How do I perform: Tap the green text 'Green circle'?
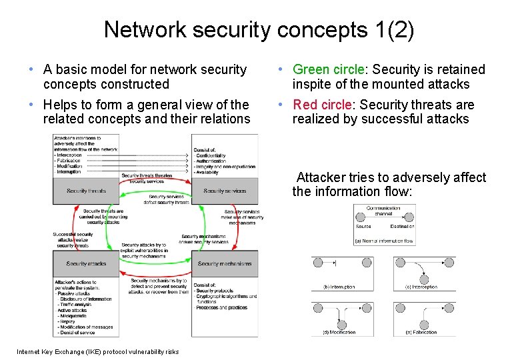coord(329,70)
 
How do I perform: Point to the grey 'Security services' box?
coord(225,191)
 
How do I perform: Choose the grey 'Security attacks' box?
coord(87,264)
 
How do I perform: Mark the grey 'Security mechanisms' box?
coord(225,264)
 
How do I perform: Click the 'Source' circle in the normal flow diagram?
coord(363,218)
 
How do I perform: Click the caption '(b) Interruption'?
coord(339,287)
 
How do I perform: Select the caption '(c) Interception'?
coord(421,287)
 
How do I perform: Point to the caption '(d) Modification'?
coord(339,331)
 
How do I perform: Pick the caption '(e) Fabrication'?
coord(421,331)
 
